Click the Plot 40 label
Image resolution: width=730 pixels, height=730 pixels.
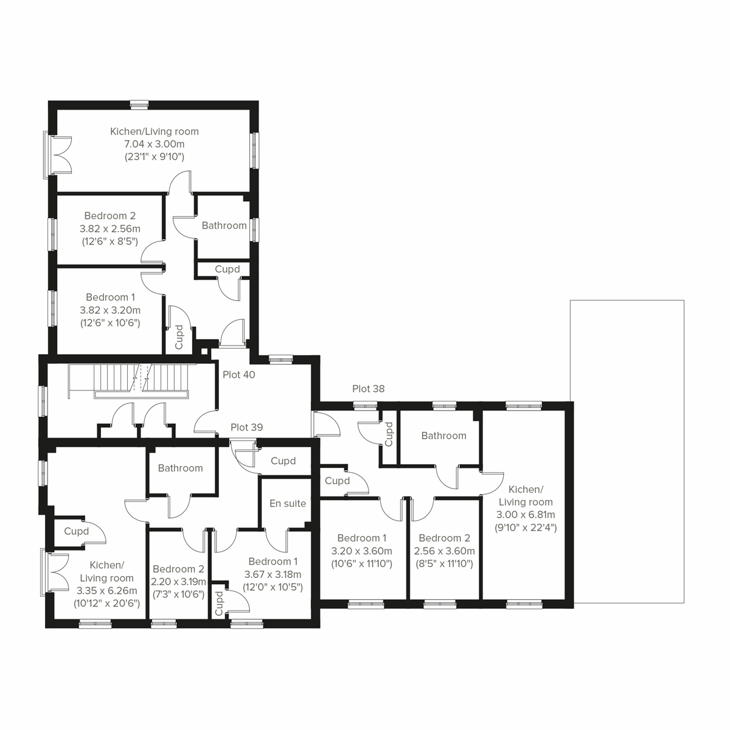pyautogui.click(x=238, y=375)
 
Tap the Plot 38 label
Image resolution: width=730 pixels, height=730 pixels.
pyautogui.click(x=368, y=389)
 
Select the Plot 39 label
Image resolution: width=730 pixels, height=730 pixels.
pyautogui.click(x=246, y=427)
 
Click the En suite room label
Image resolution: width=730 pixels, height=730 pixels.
pyautogui.click(x=288, y=503)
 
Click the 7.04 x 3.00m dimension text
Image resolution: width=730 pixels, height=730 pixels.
pyautogui.click(x=154, y=144)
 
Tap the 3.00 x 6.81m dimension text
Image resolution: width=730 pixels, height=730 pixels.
pyautogui.click(x=526, y=515)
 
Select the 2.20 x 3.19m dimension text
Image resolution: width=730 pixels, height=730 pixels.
pyautogui.click(x=178, y=582)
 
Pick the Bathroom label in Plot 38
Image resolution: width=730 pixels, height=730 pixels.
pyautogui.click(x=443, y=436)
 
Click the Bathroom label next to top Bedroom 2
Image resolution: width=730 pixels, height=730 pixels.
pyautogui.click(x=224, y=226)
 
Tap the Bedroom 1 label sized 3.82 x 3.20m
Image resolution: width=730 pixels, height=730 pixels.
pyautogui.click(x=110, y=297)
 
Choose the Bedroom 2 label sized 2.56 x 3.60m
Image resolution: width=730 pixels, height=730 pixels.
pyautogui.click(x=444, y=538)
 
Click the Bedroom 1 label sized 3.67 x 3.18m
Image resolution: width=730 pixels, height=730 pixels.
pyautogui.click(x=273, y=561)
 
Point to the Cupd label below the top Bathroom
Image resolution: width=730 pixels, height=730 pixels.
pyautogui.click(x=227, y=269)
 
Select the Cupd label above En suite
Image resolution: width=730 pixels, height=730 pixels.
pyautogui.click(x=283, y=461)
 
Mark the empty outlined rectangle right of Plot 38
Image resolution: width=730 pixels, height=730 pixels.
pyautogui.click(x=627, y=450)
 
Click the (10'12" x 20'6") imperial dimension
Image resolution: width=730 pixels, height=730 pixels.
pyautogui.click(x=106, y=603)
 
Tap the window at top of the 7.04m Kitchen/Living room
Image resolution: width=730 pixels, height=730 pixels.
pyautogui.click(x=139, y=105)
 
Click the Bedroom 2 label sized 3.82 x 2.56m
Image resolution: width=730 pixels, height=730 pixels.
pyautogui.click(x=109, y=216)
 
